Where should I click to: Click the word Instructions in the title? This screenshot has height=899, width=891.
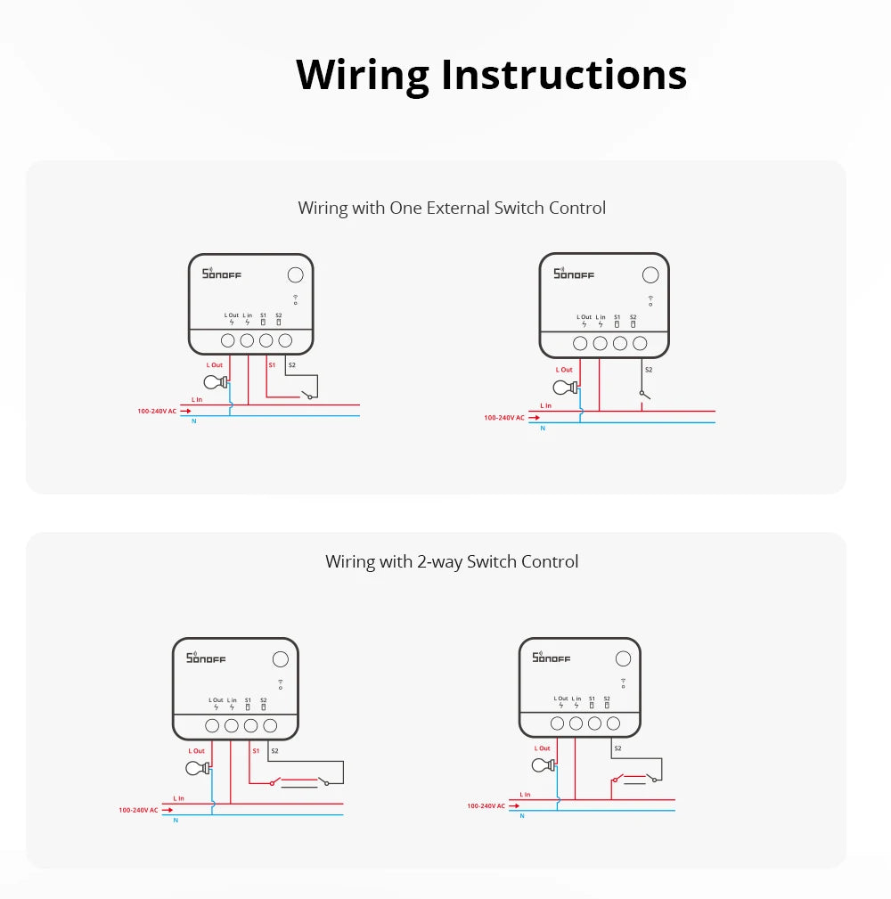pos(564,75)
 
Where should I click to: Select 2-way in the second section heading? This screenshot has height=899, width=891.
pos(439,561)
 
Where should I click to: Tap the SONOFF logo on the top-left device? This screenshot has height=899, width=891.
pos(222,274)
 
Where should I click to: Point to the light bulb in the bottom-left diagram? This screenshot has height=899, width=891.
pos(198,768)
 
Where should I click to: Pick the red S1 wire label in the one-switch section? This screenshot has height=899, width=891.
pos(273,364)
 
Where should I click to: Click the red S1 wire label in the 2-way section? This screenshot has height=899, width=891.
pos(256,750)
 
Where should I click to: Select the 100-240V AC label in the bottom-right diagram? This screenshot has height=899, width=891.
pos(486,805)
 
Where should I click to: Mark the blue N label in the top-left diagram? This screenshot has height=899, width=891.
pos(193,421)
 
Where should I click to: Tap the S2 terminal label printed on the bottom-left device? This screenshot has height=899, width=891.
pos(264,700)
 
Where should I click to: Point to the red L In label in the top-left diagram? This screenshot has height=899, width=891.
pos(197,400)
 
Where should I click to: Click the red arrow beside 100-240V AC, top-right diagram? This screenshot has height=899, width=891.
pos(534,417)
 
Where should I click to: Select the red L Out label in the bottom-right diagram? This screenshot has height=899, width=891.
pos(542,748)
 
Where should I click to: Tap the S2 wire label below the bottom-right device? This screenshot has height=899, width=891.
pos(617,748)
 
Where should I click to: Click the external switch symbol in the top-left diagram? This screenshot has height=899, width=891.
pos(307,394)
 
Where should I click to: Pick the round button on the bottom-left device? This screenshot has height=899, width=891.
pos(280,659)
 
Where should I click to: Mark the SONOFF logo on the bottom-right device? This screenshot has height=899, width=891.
pos(551,658)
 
